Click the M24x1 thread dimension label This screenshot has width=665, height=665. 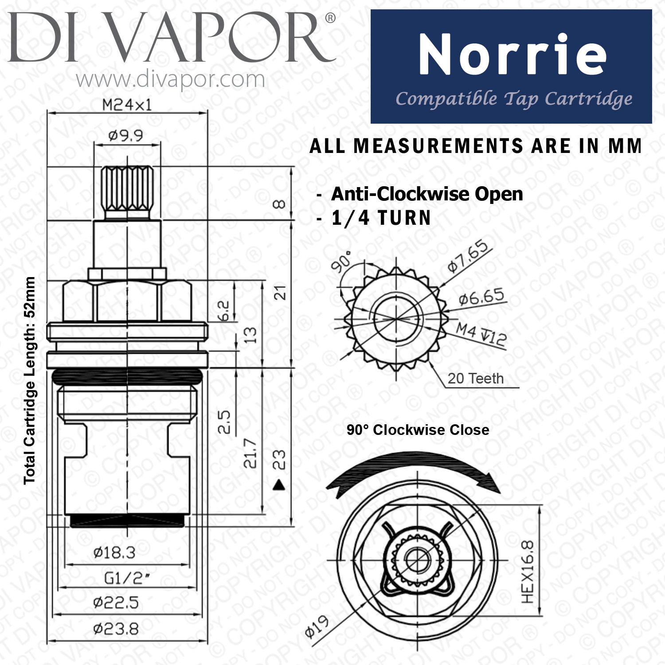[x=127, y=105]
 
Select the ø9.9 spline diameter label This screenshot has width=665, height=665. [x=126, y=135]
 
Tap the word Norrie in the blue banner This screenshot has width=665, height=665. [x=512, y=55]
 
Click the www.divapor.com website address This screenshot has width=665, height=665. [x=170, y=80]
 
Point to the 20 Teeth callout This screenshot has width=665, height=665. [x=475, y=379]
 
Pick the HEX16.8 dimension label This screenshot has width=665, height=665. [x=528, y=572]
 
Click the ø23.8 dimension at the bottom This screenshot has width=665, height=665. [x=116, y=629]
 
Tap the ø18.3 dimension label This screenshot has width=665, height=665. [x=114, y=552]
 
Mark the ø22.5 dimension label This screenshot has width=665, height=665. [x=116, y=602]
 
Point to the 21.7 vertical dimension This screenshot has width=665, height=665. [x=250, y=453]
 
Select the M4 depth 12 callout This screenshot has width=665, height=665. [x=481, y=334]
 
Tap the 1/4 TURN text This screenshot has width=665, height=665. [x=381, y=218]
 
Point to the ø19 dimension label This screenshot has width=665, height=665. [x=317, y=626]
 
